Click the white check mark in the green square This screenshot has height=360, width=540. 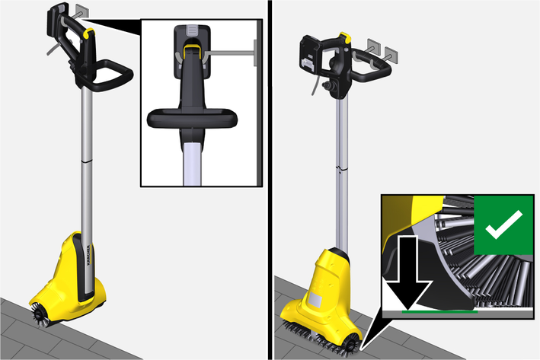click(503, 225)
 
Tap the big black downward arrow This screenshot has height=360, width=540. click(407, 272)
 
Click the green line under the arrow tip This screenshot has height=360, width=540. click(439, 312)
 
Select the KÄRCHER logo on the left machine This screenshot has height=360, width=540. click(89, 255)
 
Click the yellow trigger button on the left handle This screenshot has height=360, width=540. click(90, 33)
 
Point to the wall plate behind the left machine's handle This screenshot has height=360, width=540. click(82, 11)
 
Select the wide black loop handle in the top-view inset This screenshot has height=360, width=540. click(192, 119)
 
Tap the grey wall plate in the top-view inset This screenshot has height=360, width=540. click(255, 53)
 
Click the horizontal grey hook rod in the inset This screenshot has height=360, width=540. click(230, 53)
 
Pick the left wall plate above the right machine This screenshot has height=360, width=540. click(374, 46)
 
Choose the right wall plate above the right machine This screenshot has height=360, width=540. click(391, 55)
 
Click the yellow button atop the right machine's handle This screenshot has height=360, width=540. click(344, 38)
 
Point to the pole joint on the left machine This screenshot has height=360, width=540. click(87, 161)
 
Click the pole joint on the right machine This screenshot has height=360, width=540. click(342, 169)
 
